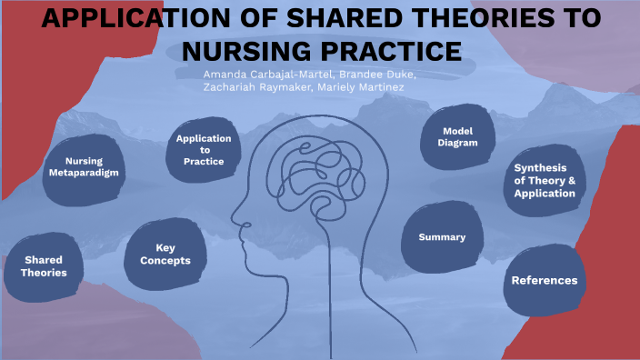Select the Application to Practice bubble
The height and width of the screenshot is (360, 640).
tap(204, 150)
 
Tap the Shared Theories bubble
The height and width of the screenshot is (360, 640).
tap(45, 265)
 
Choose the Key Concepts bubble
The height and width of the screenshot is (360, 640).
tap(165, 254)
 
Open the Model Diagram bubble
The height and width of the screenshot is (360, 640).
tap(456, 137)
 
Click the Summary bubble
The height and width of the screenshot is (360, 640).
tap(442, 237)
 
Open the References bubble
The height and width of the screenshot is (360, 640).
tap(544, 280)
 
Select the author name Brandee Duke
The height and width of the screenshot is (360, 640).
tap(379, 74)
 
